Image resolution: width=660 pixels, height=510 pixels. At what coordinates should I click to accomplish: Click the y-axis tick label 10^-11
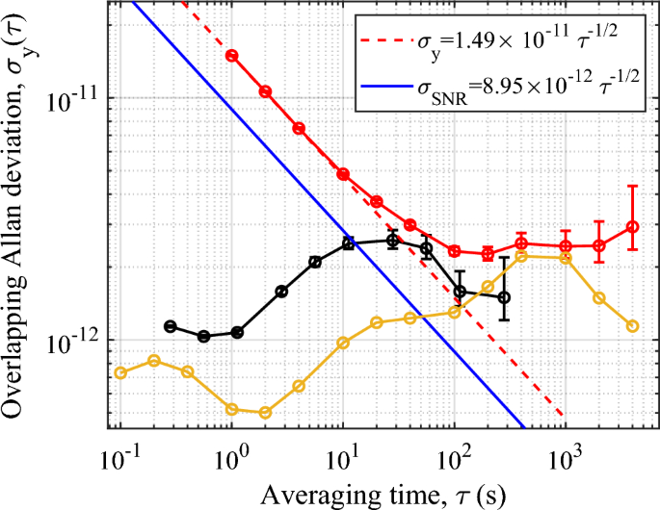(73, 98)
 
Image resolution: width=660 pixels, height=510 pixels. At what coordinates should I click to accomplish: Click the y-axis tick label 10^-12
(73, 341)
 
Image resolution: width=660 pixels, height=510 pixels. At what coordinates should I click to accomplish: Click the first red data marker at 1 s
(231, 56)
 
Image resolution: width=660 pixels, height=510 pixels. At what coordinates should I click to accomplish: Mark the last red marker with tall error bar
(632, 227)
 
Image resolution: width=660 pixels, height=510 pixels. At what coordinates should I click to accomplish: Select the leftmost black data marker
(171, 326)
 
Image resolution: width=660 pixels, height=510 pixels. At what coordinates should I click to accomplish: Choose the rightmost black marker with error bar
(504, 297)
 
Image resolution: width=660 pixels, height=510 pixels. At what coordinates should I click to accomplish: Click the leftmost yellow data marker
(120, 372)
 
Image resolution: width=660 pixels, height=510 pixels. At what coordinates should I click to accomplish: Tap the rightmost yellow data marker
(632, 326)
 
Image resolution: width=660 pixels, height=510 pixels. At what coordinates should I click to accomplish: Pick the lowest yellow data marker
(265, 412)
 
